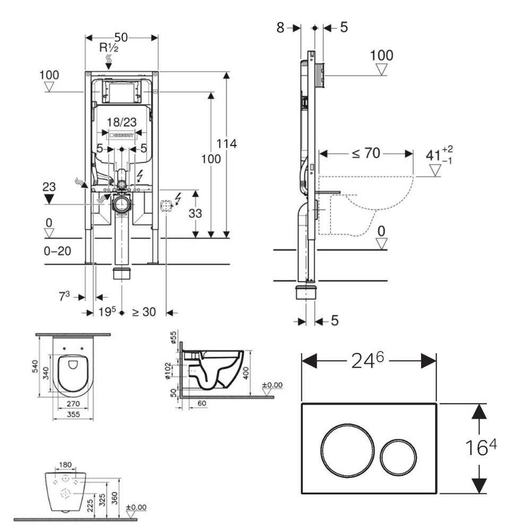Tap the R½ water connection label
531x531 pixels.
(x=110, y=48)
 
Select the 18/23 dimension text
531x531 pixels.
(x=122, y=122)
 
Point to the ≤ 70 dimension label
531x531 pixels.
(x=366, y=153)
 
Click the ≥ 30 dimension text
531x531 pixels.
(x=143, y=312)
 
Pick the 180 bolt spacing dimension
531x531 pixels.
(x=65, y=466)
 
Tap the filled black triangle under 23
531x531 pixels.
(x=49, y=199)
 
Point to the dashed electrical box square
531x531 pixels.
(x=167, y=205)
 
